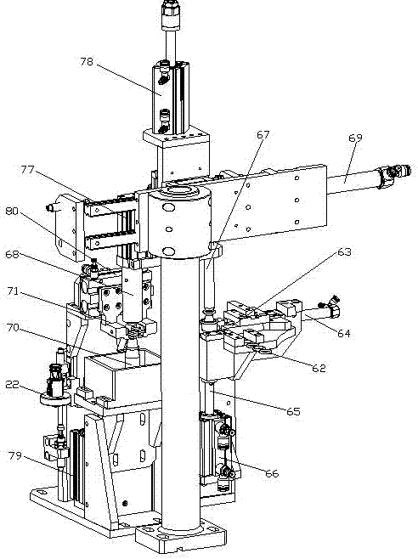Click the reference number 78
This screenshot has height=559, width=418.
coord(87,62)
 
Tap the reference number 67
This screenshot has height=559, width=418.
coord(263,135)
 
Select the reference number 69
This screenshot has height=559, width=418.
coord(355,138)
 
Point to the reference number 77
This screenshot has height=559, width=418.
coord(27,170)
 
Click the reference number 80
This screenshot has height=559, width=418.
coord(12,211)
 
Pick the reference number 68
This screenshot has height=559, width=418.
coord(12,255)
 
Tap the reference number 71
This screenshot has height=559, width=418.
coord(14,291)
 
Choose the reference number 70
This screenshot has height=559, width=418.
coord(13,327)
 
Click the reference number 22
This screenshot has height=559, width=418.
coord(12,384)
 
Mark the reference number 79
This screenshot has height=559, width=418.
coord(15,455)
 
